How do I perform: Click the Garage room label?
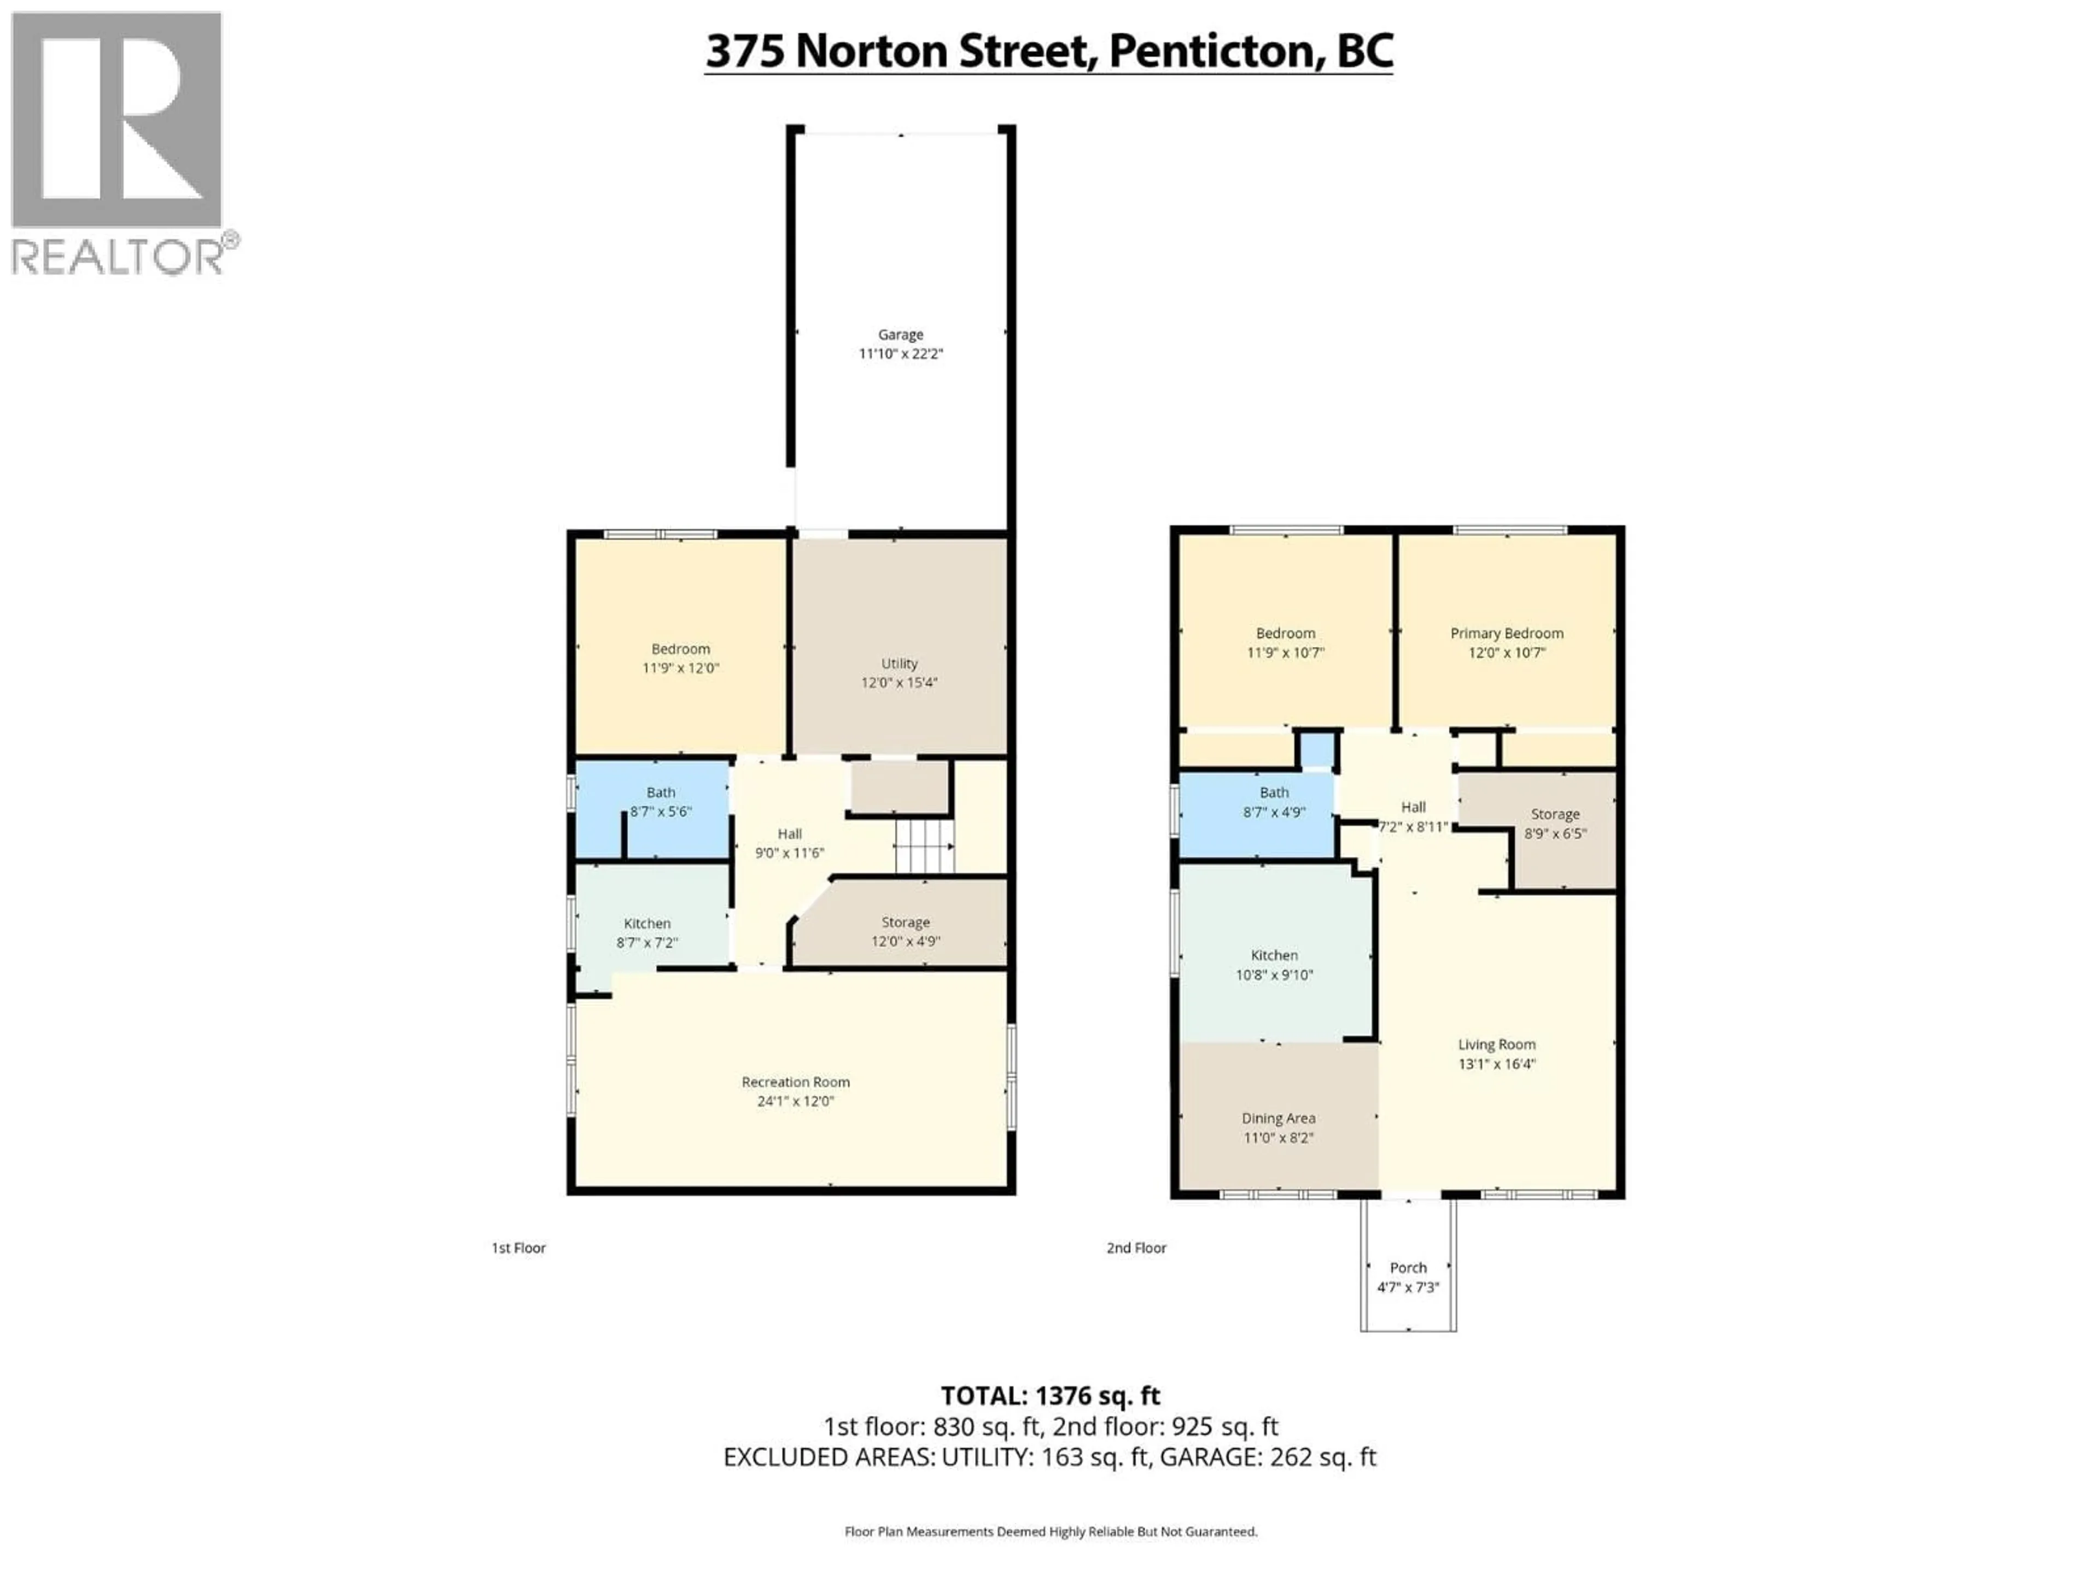coord(900,334)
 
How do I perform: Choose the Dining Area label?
coord(1278,1118)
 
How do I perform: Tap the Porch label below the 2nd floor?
coord(1408,1268)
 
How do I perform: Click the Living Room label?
coord(1496,1045)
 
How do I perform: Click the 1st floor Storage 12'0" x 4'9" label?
coord(905,931)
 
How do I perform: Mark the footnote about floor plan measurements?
coord(1050,1531)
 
